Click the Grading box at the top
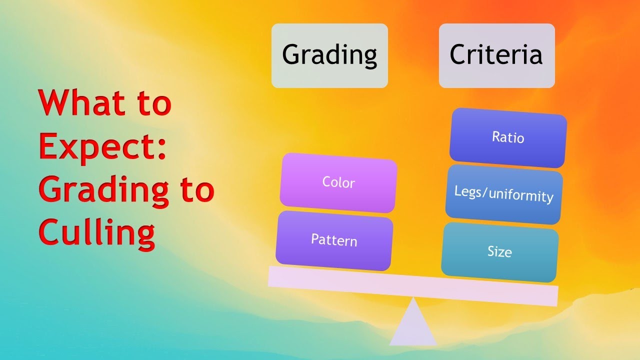point(329,55)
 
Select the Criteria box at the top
point(496,55)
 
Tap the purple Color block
point(338,182)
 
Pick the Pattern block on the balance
point(334,240)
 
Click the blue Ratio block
point(508,137)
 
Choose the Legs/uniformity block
point(503,194)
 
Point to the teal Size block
point(499,251)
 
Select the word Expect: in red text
point(102,146)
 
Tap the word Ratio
point(508,137)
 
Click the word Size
point(499,251)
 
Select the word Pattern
point(334,240)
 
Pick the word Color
point(338,182)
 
